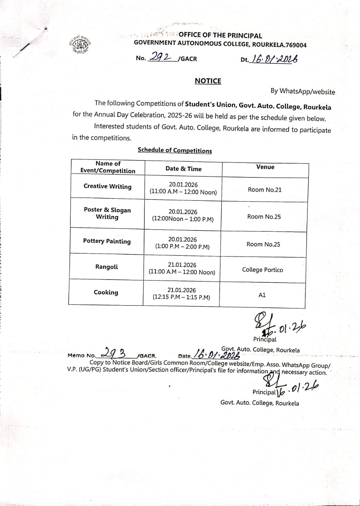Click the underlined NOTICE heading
tap(208, 81)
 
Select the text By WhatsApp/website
tap(303, 92)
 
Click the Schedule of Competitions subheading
tap(174, 151)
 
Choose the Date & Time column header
tap(183, 169)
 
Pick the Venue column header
tap(265, 167)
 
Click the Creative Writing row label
tap(107, 187)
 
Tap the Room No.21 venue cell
tap(265, 190)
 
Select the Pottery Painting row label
tap(107, 241)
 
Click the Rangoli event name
tap(106, 267)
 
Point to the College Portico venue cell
tap(262, 270)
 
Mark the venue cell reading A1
tap(262, 295)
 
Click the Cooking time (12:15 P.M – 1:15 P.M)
tap(181, 297)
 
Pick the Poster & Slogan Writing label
tap(107, 213)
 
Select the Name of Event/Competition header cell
tap(108, 167)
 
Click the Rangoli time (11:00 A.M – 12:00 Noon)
tap(182, 272)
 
